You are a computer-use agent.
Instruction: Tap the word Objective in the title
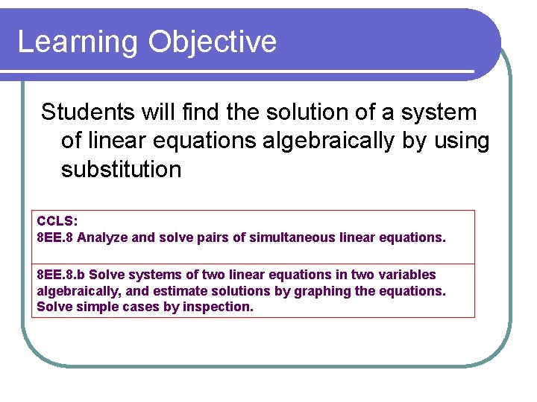[212, 42]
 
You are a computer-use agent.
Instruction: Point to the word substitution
[121, 170]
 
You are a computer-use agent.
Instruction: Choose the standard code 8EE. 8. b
[61, 275]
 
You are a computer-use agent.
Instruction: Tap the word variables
[408, 275]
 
